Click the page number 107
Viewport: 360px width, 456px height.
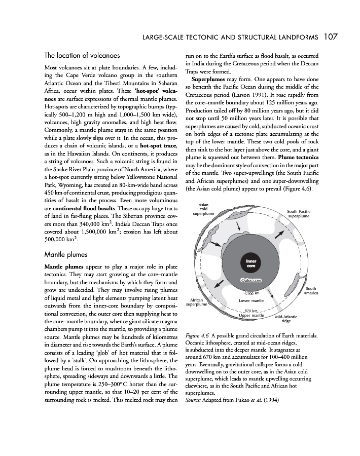[x=331, y=36]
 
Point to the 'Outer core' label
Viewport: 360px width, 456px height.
[x=250, y=280]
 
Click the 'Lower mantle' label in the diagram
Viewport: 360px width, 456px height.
[x=250, y=300]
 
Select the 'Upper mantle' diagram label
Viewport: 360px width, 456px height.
[x=251, y=316]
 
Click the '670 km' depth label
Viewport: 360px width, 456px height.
[x=252, y=310]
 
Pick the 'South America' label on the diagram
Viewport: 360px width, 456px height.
[x=310, y=291]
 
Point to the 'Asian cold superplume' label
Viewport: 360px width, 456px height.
[x=203, y=209]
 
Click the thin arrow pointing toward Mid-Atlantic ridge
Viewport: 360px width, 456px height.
[x=271, y=295]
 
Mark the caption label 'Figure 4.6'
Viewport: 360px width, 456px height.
[x=198, y=336]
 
